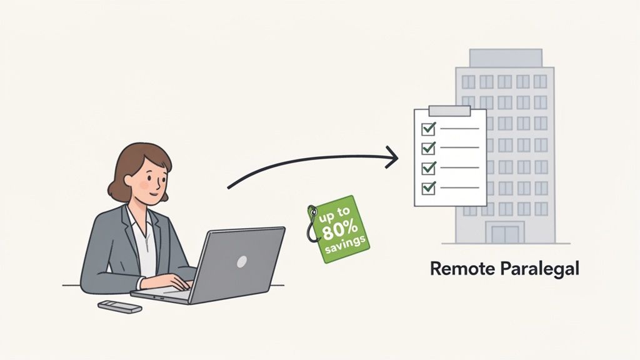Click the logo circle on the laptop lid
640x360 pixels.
point(241,261)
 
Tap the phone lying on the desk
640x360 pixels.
point(119,306)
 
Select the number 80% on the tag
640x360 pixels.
point(338,229)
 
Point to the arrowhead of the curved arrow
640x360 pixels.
point(392,157)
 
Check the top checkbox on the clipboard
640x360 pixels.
point(429,129)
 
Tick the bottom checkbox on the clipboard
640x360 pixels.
point(429,186)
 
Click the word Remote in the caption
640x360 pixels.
point(461,269)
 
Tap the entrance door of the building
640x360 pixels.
point(504,234)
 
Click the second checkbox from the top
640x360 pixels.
point(429,148)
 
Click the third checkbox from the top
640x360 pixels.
point(429,167)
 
